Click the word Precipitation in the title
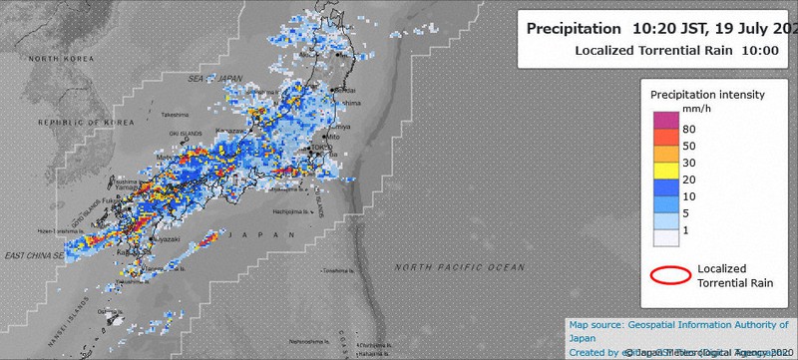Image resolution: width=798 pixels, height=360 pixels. (573, 29)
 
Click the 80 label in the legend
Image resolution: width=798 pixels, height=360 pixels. (689, 129)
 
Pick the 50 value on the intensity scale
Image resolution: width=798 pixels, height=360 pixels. (689, 146)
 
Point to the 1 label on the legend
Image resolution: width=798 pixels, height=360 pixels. (686, 230)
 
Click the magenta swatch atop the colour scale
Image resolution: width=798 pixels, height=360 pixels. (665, 120)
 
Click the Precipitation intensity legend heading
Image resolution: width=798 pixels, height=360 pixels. (707, 94)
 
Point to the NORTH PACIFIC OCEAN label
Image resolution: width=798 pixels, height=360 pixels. (459, 267)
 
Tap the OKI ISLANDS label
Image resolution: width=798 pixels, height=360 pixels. (184, 132)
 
